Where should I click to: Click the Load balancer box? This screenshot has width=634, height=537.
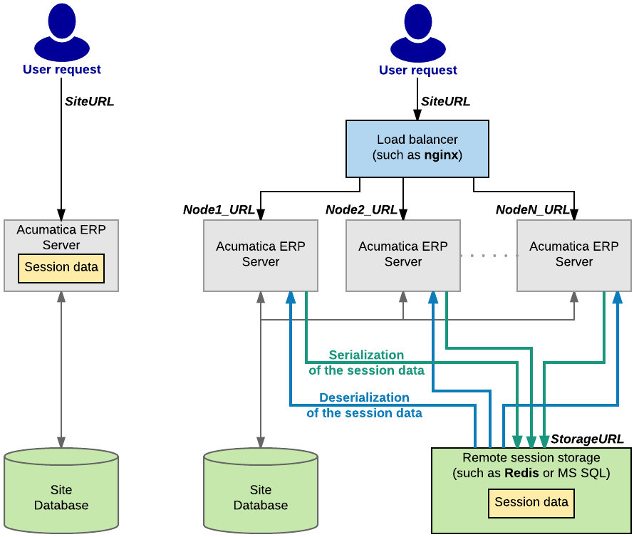tap(417, 148)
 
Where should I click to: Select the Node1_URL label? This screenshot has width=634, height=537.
tap(219, 209)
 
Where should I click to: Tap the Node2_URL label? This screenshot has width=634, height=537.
tap(361, 209)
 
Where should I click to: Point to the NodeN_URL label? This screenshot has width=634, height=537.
tap(532, 209)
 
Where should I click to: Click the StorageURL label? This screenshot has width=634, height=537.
tap(587, 439)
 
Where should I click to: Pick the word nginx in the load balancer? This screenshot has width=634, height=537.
tap(442, 155)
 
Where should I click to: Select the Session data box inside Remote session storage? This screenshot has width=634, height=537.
tap(531, 502)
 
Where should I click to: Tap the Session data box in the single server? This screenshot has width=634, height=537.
tap(61, 268)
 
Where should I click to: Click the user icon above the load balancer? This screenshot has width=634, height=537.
tap(418, 33)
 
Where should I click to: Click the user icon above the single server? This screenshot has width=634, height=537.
tap(62, 33)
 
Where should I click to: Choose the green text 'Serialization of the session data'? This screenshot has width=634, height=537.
tap(366, 363)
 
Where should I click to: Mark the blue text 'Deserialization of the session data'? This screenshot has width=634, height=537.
tap(364, 405)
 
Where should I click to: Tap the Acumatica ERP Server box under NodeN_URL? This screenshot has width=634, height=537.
tap(573, 255)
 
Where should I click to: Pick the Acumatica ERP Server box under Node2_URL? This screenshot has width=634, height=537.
tap(402, 255)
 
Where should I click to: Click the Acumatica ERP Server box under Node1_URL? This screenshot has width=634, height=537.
tap(260, 255)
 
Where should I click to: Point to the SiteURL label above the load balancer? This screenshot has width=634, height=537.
tap(445, 101)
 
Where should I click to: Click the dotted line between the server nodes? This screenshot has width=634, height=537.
tap(489, 255)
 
